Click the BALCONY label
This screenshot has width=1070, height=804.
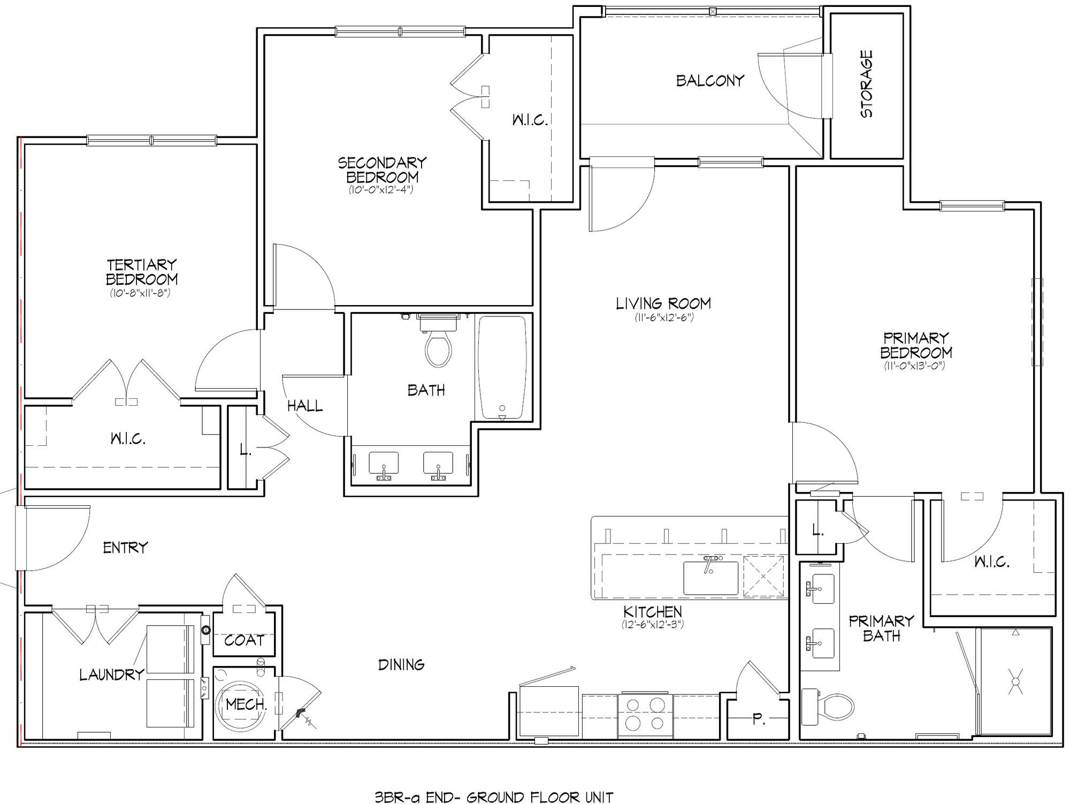[710, 81]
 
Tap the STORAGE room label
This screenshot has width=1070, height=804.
[866, 84]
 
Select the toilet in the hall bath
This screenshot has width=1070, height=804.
[438, 340]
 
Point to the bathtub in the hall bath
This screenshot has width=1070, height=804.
[502, 368]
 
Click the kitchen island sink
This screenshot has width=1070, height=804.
[710, 578]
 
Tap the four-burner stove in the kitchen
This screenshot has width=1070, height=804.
[645, 715]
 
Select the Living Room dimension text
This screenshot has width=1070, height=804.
[663, 317]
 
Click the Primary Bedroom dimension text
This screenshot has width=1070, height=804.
[915, 366]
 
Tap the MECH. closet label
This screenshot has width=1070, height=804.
[246, 704]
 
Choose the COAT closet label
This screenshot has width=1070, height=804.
[244, 640]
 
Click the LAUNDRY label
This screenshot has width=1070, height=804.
[112, 674]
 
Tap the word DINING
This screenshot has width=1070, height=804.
[401, 665]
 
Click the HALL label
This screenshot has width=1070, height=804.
[305, 406]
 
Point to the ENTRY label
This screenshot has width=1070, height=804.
[125, 548]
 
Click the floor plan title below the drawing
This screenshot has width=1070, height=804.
[494, 798]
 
